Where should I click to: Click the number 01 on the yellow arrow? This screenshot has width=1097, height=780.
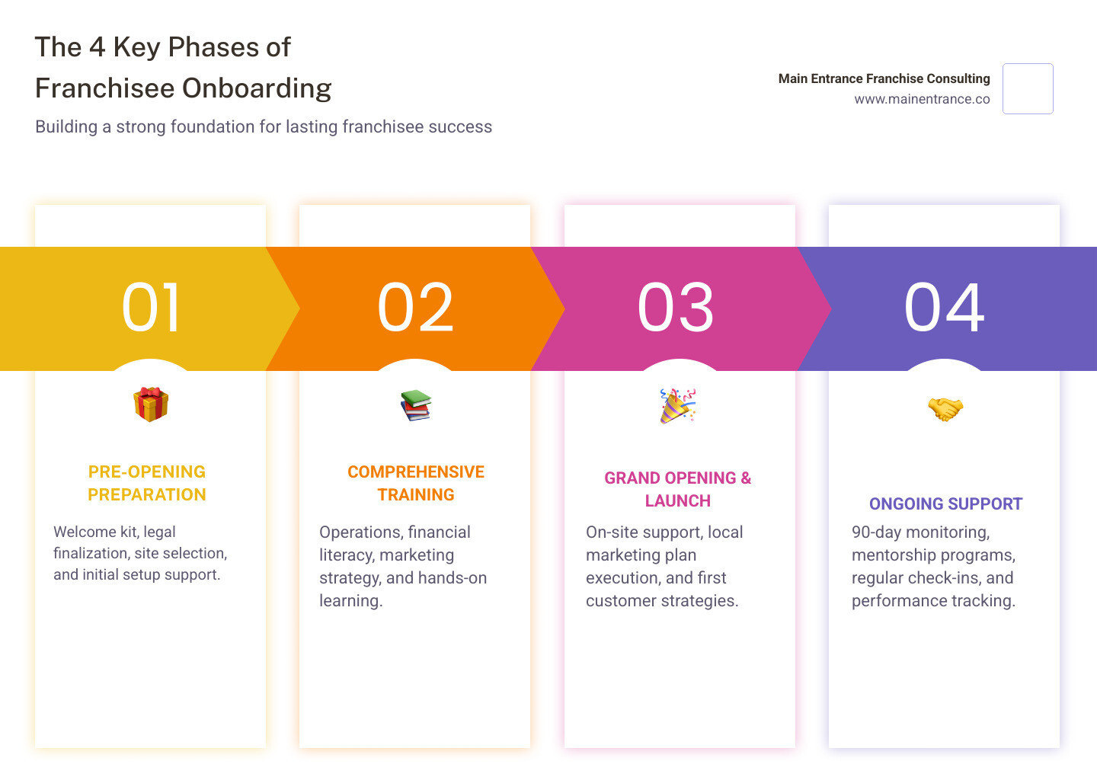tap(151, 308)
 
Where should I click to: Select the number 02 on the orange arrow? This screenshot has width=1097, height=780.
tap(415, 308)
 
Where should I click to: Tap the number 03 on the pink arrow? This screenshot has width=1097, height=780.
tap(676, 308)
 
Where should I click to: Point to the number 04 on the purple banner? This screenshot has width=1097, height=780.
tap(944, 308)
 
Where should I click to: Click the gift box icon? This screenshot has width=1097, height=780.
tap(151, 404)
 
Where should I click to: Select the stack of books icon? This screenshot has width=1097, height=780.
tap(415, 405)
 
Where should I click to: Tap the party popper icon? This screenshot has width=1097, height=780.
tap(677, 405)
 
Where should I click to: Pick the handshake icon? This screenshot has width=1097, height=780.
tap(945, 409)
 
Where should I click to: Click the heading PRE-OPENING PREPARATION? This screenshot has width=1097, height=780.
tap(147, 483)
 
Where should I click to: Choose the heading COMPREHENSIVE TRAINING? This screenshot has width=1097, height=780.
tap(416, 483)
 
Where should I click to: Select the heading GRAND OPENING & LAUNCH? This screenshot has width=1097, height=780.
tap(677, 489)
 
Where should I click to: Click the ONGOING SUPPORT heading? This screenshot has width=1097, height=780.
tap(945, 503)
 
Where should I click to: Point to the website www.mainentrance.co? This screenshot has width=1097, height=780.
tap(922, 99)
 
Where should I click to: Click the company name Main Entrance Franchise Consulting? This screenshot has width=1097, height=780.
tap(884, 78)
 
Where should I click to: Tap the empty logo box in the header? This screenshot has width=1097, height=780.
tap(1028, 88)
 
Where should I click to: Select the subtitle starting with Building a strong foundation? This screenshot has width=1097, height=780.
tap(264, 126)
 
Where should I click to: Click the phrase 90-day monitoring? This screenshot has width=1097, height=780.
tap(920, 532)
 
